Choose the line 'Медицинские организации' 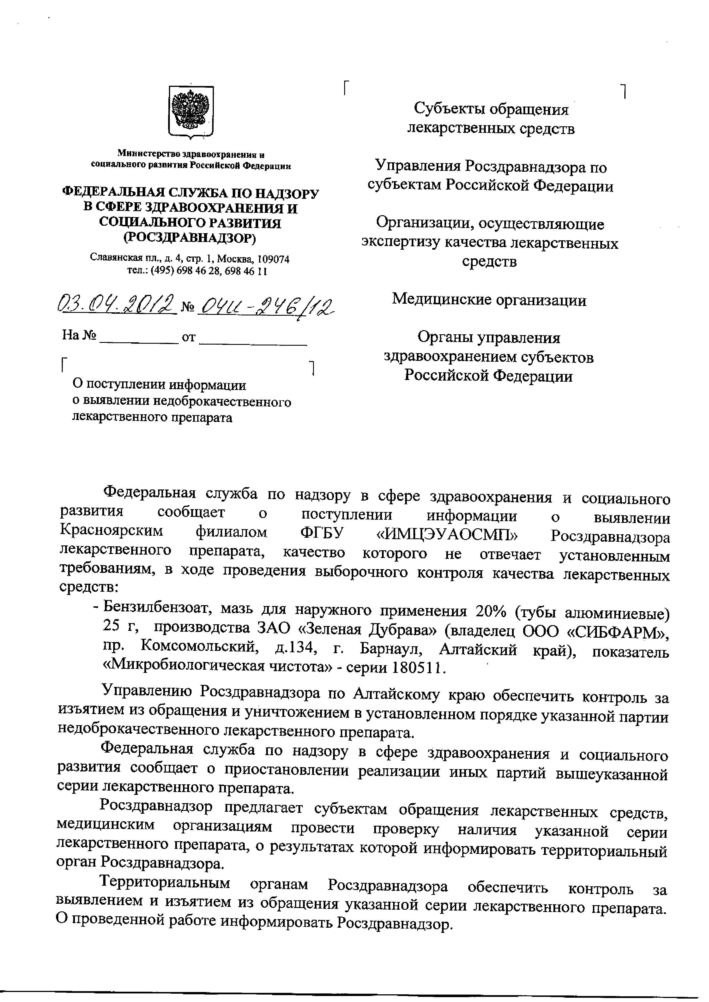[489, 300]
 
